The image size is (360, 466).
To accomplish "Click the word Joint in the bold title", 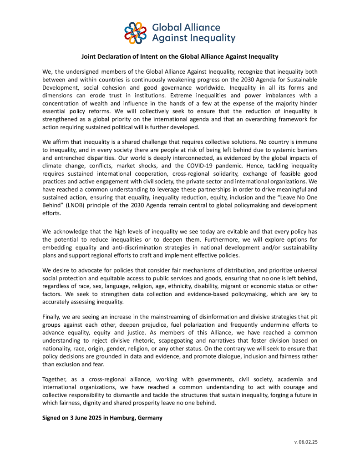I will (90, 57).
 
